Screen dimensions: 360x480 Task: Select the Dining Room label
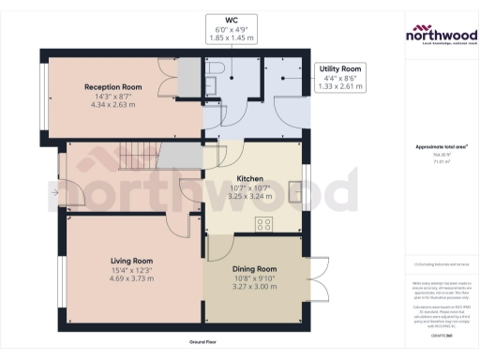(255, 268)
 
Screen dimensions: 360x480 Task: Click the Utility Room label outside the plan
(342, 69)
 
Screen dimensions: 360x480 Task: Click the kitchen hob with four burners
(264, 223)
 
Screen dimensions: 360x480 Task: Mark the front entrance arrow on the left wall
(55, 193)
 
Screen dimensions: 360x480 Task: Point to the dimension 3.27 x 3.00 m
(255, 287)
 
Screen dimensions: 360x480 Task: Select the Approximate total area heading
(441, 146)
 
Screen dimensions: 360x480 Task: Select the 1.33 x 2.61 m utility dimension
(342, 86)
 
